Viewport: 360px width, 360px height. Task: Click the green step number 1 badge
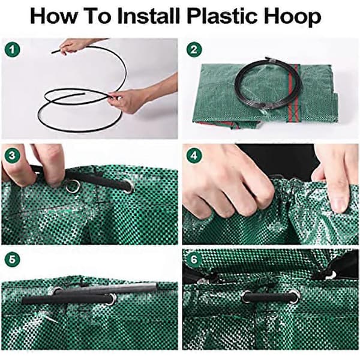coord(12,50)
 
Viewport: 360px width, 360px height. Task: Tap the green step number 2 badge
coord(194,50)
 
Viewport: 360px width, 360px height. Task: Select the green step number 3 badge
coord(12,156)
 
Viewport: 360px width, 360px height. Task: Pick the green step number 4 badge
coord(194,156)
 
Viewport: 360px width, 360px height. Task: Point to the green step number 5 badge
coord(12,260)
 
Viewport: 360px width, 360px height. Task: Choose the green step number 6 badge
coord(194,260)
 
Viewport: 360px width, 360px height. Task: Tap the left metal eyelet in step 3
coord(73,187)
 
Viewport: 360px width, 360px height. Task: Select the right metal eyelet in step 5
coord(112,299)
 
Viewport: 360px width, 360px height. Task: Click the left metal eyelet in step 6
coord(247,296)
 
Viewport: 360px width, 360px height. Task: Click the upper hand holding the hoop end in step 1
coord(76,47)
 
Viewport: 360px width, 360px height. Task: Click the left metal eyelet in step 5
coord(56,291)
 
